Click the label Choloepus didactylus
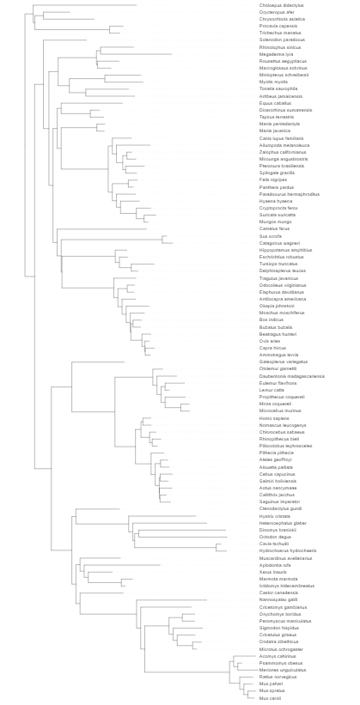pyautogui.click(x=281, y=5)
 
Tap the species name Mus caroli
pyautogui.click(x=270, y=698)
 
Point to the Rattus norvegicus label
pyautogui.click(x=278, y=677)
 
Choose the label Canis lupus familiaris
pyautogui.click(x=283, y=138)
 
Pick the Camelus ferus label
pyautogui.click(x=274, y=228)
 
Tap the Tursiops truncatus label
pyautogui.click(x=278, y=264)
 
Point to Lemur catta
pyautogui.click(x=272, y=390)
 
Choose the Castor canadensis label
pyautogui.click(x=278, y=593)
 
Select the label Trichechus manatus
pyautogui.click(x=280, y=33)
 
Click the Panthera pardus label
pyautogui.click(x=277, y=187)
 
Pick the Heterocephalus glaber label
pyautogui.click(x=283, y=522)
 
